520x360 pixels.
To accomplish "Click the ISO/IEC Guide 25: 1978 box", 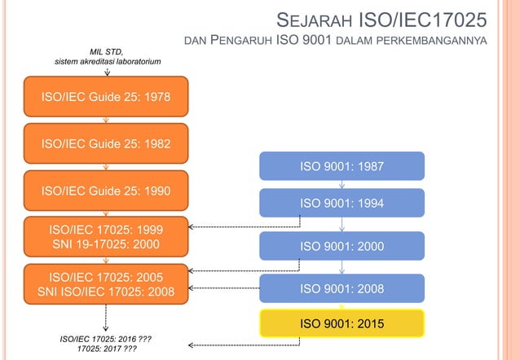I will pyautogui.click(x=106, y=96).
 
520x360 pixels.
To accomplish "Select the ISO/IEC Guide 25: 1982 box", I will pyautogui.click(x=106, y=143).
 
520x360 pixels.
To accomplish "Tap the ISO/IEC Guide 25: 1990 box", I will pyautogui.click(x=106, y=191).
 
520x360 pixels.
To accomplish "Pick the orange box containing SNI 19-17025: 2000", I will pyautogui.click(x=106, y=235).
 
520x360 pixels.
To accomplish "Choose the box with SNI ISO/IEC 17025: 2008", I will pyautogui.click(x=106, y=283).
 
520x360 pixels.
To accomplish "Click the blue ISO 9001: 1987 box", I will pyautogui.click(x=342, y=166).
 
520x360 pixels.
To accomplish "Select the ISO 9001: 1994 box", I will pyautogui.click(x=342, y=203).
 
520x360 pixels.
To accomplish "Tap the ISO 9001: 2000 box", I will pyautogui.click(x=342, y=246).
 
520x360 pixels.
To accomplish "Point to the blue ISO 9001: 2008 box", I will pyautogui.click(x=342, y=288).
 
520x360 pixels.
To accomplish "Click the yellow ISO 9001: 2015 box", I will pyautogui.click(x=342, y=324).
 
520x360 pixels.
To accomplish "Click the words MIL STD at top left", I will pyautogui.click(x=107, y=52).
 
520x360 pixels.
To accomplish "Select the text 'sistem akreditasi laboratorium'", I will pyautogui.click(x=107, y=62).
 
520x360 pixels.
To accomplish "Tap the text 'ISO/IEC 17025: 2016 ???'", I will pyautogui.click(x=107, y=338).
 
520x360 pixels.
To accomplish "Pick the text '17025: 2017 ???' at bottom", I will pyautogui.click(x=107, y=349).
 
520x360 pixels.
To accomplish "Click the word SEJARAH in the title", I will pyautogui.click(x=315, y=18).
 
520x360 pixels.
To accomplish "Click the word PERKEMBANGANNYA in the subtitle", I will pyautogui.click(x=439, y=42).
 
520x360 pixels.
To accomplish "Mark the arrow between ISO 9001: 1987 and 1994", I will pyautogui.click(x=342, y=185).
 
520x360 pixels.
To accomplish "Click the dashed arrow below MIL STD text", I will pyautogui.click(x=107, y=72).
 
